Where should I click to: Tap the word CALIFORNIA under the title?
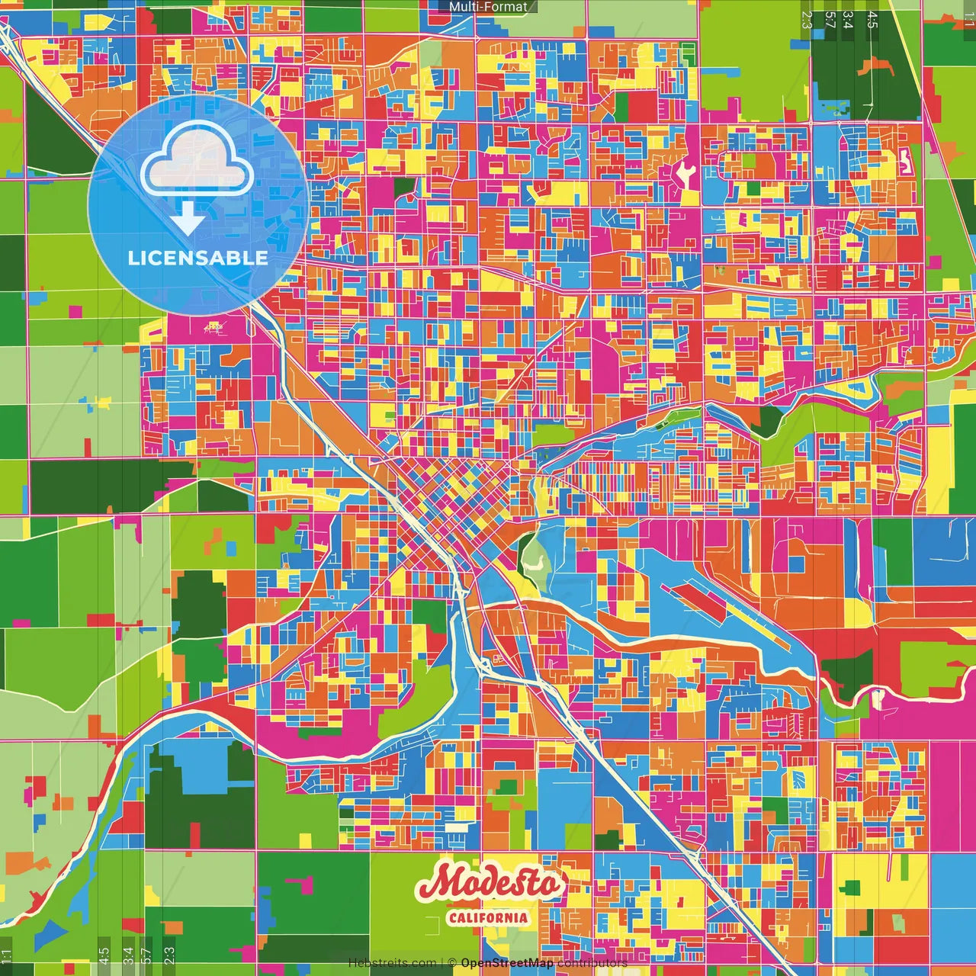pyautogui.click(x=488, y=917)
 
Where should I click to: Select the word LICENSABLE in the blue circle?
pyautogui.click(x=197, y=258)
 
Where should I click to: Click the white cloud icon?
pyautogui.click(x=197, y=159)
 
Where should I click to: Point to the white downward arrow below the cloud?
pyautogui.click(x=187, y=219)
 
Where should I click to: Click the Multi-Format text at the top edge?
pyautogui.click(x=487, y=7)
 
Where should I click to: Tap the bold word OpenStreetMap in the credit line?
pyautogui.click(x=506, y=963)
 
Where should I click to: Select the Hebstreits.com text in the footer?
pyautogui.click(x=392, y=963)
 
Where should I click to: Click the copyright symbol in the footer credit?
pyautogui.click(x=451, y=963)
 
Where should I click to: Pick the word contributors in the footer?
pyautogui.click(x=592, y=963)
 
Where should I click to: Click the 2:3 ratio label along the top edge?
pyautogui.click(x=807, y=19)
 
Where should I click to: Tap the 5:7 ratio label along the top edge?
pyautogui.click(x=830, y=19)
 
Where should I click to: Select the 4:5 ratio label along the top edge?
pyautogui.click(x=872, y=19)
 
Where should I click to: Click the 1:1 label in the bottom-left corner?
pyautogui.click(x=7, y=956)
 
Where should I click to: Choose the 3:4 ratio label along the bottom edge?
pyautogui.click(x=127, y=956)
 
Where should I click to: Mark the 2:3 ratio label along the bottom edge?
pyautogui.click(x=169, y=956)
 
